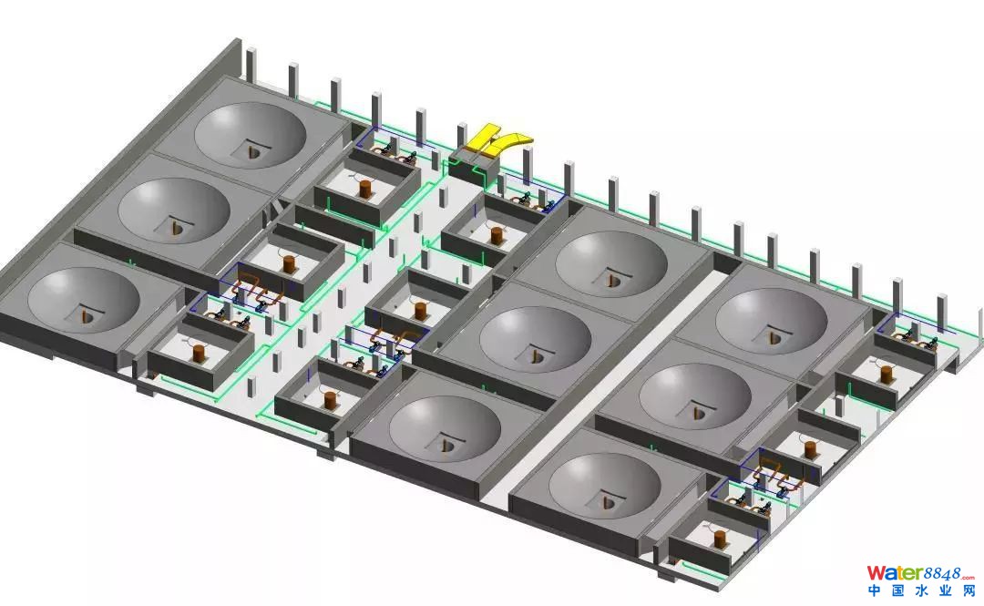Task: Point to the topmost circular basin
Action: [251, 134]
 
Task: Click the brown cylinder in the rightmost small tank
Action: [887, 375]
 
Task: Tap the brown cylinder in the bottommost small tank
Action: [720, 539]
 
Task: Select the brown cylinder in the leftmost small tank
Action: [199, 352]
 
